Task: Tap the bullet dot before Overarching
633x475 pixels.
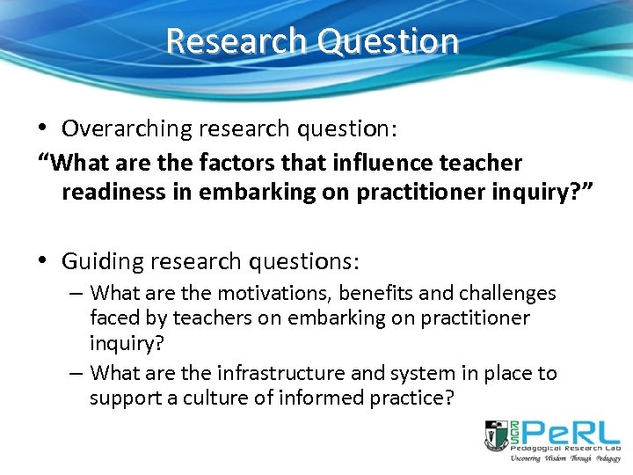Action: click(45, 128)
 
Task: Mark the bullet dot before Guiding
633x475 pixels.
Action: click(45, 261)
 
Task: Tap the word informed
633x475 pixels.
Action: click(320, 398)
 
